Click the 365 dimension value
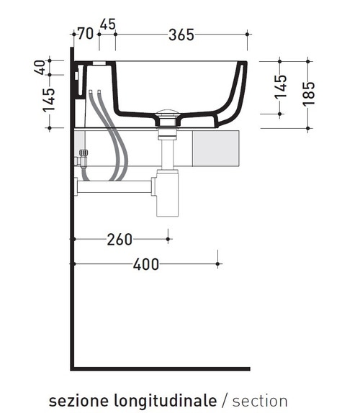coord(181,35)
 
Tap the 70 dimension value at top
coord(86,34)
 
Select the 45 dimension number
coord(108,24)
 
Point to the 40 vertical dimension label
coord(40,68)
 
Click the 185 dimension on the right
coord(309,94)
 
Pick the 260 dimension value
coord(120,240)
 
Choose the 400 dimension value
coord(146,265)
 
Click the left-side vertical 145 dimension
coord(49,100)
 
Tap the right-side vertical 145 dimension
coord(280,87)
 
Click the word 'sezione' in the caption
coord(78,401)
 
